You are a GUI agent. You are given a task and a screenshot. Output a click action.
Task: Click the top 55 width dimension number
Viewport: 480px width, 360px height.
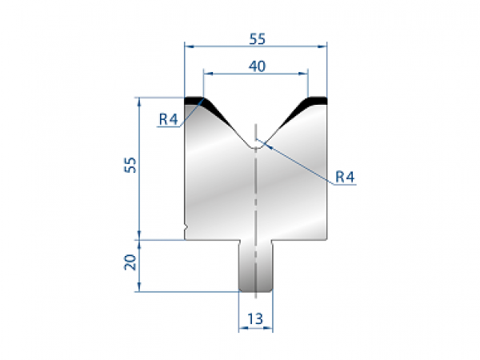coord(257,38)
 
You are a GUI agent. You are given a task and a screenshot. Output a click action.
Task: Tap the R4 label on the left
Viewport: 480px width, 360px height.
coord(167,120)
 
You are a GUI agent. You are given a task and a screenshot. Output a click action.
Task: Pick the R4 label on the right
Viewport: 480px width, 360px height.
coord(345,177)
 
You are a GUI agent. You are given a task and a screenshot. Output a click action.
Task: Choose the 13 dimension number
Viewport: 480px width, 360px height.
coord(256,319)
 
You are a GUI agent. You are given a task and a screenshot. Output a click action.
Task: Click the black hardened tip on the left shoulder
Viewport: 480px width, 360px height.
coord(194,101)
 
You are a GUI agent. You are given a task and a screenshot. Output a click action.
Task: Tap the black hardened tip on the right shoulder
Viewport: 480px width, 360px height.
coord(317,101)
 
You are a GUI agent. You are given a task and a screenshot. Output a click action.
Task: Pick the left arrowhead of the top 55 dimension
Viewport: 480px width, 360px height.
coord(188,46)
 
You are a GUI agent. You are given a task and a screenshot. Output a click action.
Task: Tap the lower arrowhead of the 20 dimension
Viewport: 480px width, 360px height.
coord(140,288)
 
